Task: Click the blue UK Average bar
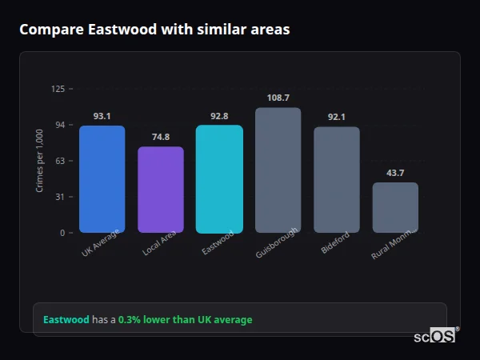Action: coord(102,179)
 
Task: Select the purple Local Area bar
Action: coord(161,190)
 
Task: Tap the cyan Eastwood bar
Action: coord(219,179)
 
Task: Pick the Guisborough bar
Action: coord(278,170)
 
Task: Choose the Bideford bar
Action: coord(337,180)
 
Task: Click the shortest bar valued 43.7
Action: coord(395,207)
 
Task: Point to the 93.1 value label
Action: coord(102,116)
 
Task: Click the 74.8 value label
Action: coord(161,137)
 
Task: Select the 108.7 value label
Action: coord(278,98)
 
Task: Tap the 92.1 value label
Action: coord(337,117)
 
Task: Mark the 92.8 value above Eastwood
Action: coord(219,116)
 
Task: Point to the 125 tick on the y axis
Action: coord(58,89)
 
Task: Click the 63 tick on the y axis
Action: coord(60,161)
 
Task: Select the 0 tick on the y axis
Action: coord(62,233)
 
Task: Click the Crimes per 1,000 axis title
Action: coord(40,161)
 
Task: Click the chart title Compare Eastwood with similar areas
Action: coord(154,30)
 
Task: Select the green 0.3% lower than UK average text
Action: coord(185,320)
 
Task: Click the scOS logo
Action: coord(435,336)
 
